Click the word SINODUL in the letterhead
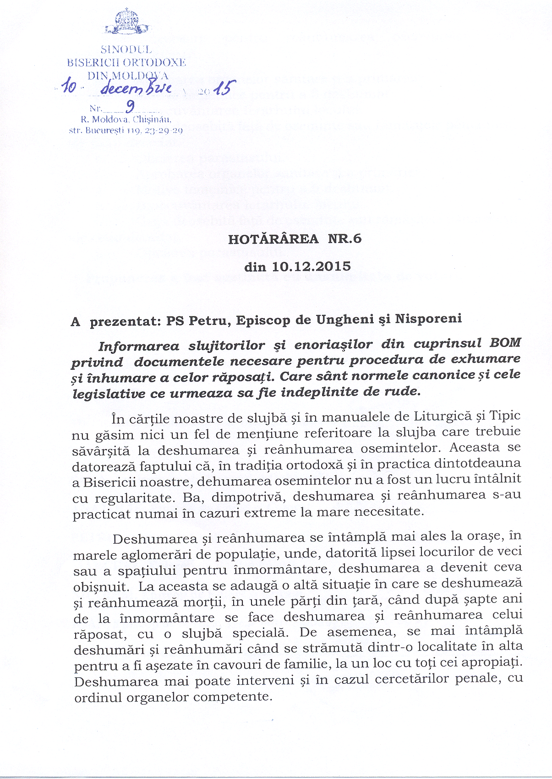click(126, 49)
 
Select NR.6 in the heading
click(344, 238)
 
